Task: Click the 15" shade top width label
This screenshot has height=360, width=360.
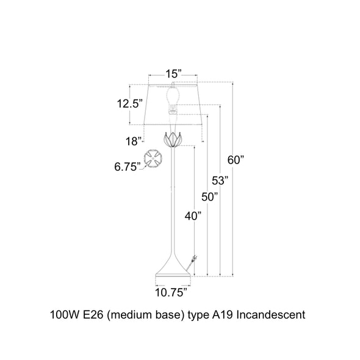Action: (173, 74)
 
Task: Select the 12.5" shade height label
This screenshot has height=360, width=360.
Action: (130, 104)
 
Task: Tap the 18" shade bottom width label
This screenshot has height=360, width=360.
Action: (133, 141)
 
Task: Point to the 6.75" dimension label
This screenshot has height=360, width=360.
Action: (127, 167)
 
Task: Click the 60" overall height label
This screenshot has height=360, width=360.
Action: (236, 160)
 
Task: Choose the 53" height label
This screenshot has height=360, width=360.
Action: (220, 181)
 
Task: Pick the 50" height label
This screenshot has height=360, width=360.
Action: (210, 197)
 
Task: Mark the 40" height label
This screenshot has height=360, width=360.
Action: (193, 216)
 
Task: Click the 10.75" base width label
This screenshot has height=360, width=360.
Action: (171, 292)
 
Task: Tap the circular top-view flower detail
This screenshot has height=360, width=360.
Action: (153, 158)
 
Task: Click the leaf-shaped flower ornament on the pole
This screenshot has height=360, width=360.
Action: (173, 139)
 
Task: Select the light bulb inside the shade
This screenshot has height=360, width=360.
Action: (173, 96)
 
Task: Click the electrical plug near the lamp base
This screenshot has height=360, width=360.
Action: (194, 259)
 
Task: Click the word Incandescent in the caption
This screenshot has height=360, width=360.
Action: (271, 315)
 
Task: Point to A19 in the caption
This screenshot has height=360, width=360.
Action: (223, 315)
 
